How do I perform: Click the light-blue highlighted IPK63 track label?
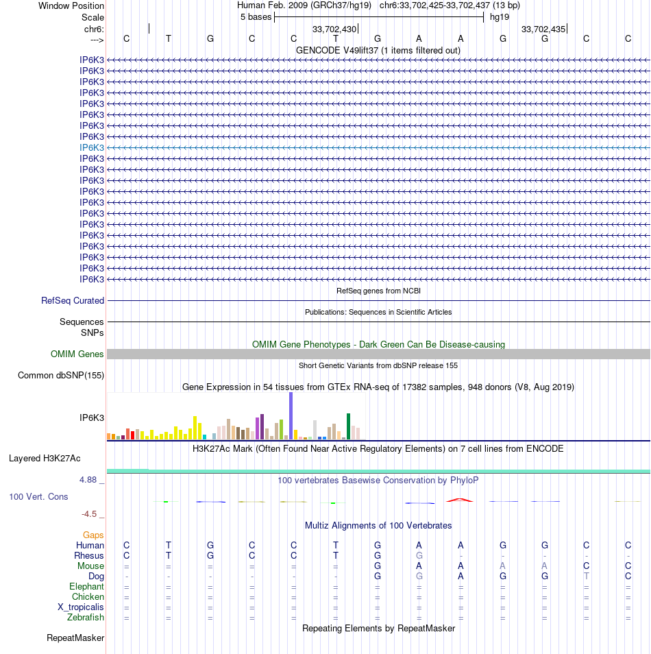(x=92, y=147)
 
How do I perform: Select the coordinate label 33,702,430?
(x=334, y=29)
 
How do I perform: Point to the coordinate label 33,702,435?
(x=543, y=29)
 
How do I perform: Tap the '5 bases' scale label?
(x=256, y=16)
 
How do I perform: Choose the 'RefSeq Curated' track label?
(x=73, y=300)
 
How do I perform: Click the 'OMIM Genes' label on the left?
(x=77, y=354)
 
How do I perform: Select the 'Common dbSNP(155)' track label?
(x=61, y=375)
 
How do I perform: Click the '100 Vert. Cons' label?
(x=38, y=496)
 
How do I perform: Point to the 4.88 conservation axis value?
(x=93, y=480)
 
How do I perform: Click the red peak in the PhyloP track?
(x=460, y=500)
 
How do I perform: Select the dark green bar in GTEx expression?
(x=349, y=426)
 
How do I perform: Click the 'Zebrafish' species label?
(x=86, y=618)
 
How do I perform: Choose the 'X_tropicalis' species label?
(x=81, y=607)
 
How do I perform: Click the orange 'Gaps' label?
(x=93, y=535)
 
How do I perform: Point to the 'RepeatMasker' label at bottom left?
(x=75, y=638)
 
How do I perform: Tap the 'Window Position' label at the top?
(x=71, y=5)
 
